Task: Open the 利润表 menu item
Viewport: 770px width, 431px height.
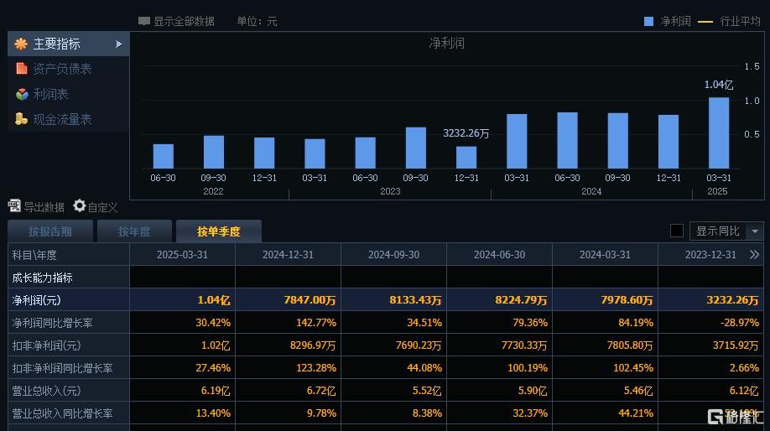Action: (50, 94)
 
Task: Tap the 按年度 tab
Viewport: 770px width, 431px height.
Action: (134, 231)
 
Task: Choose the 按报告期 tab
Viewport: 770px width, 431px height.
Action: (50, 231)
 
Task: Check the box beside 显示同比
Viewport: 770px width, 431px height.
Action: (677, 231)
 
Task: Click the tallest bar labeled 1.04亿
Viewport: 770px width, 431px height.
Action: (719, 132)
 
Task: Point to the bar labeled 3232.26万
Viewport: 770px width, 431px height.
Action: (466, 157)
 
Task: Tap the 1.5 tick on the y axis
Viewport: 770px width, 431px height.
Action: (752, 65)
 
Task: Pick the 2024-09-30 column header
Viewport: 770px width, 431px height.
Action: (393, 254)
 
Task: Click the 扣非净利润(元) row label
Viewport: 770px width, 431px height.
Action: (46, 345)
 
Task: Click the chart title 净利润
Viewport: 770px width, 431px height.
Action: (447, 43)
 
